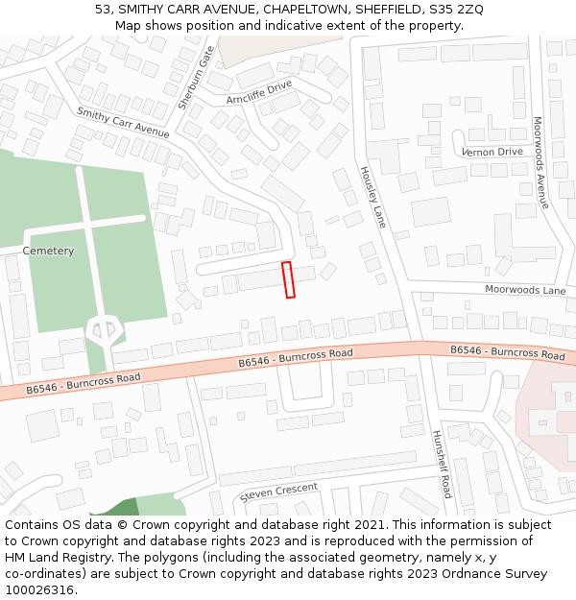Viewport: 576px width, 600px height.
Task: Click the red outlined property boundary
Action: point(288,279)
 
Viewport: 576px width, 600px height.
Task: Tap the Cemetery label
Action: point(48,251)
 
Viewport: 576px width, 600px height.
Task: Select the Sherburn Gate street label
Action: point(195,77)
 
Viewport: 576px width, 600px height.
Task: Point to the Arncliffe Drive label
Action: point(258,92)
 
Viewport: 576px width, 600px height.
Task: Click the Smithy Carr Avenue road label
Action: point(122,123)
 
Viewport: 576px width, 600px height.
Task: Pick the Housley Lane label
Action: point(372,197)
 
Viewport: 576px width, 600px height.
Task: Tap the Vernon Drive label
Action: point(492,152)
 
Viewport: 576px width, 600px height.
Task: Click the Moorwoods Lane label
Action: point(525,289)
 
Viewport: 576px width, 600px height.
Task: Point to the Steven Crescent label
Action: point(278,491)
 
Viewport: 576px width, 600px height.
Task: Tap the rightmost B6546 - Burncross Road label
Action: point(508,352)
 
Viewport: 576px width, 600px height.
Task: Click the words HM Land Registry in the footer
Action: point(57,557)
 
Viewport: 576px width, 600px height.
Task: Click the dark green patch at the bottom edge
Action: point(115,509)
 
